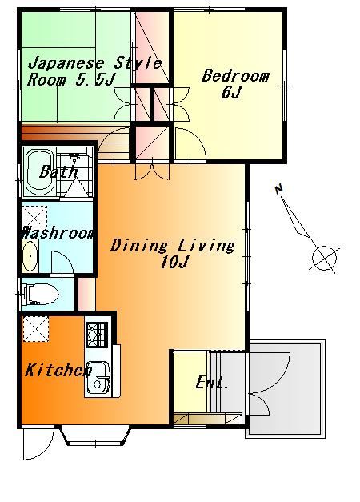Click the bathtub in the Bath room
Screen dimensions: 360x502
(39, 172)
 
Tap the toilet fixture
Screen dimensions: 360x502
(40, 294)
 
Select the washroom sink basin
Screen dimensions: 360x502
(30, 255)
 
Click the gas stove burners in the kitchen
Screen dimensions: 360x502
(97, 334)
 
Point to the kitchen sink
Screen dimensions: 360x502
(99, 379)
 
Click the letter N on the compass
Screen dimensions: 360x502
(279, 189)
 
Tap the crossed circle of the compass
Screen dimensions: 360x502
(324, 258)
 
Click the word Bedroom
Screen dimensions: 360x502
(235, 76)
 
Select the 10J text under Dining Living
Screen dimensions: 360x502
(173, 263)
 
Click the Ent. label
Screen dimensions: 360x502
(212, 383)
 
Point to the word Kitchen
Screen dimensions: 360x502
(58, 371)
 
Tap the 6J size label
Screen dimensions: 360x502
(231, 93)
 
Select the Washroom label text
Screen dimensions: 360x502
(58, 233)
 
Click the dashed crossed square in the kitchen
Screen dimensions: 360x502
(35, 329)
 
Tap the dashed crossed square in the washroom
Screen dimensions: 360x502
(34, 218)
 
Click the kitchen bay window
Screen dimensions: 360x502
(96, 436)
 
